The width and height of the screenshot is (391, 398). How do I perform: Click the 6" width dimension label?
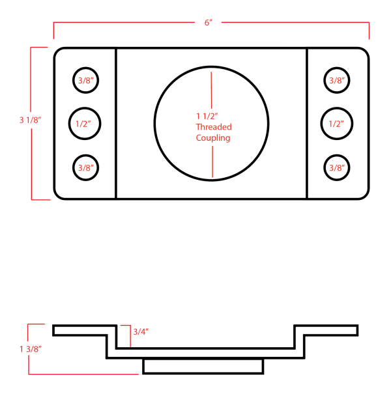pos(209,22)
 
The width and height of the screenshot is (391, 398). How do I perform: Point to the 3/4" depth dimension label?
pos(141,332)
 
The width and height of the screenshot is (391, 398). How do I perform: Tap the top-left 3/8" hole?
pos(86,81)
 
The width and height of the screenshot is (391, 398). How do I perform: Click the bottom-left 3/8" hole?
pos(86,167)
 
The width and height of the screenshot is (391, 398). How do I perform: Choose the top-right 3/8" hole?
pos(337,81)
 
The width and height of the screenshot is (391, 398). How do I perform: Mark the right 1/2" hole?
pos(336,123)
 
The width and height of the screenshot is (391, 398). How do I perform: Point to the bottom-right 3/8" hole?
pos(337,167)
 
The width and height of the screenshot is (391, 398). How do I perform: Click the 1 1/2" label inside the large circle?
pos(207,116)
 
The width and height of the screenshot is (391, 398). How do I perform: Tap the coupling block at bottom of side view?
pos(203,366)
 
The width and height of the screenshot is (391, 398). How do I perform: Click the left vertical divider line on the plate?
pos(116,123)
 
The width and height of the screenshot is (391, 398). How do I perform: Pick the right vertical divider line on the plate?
pos(307,123)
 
